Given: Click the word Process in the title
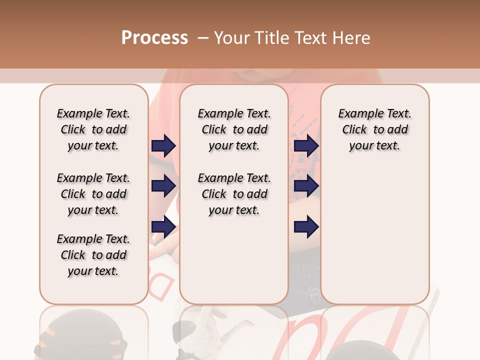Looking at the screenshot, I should point(154,38).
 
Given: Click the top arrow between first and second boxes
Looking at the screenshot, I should point(163,145).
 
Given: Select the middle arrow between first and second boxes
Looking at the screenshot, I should point(163,186).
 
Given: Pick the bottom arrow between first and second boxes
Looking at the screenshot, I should point(163,227).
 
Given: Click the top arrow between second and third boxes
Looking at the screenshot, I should point(306,145).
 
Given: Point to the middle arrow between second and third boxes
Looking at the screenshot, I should point(306,186).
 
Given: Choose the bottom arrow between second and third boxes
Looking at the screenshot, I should point(306,227).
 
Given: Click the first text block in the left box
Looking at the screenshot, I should point(93,129).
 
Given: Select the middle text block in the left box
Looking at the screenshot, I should point(93,194).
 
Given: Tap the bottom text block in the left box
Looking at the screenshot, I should point(93,255).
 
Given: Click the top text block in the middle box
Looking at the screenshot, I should point(234,129).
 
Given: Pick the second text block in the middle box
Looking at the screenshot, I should point(234,194).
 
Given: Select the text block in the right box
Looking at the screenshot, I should point(374,129).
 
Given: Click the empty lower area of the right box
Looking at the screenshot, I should point(374,230).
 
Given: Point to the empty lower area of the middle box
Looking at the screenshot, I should point(234,260).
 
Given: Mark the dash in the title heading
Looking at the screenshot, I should point(203,38).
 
